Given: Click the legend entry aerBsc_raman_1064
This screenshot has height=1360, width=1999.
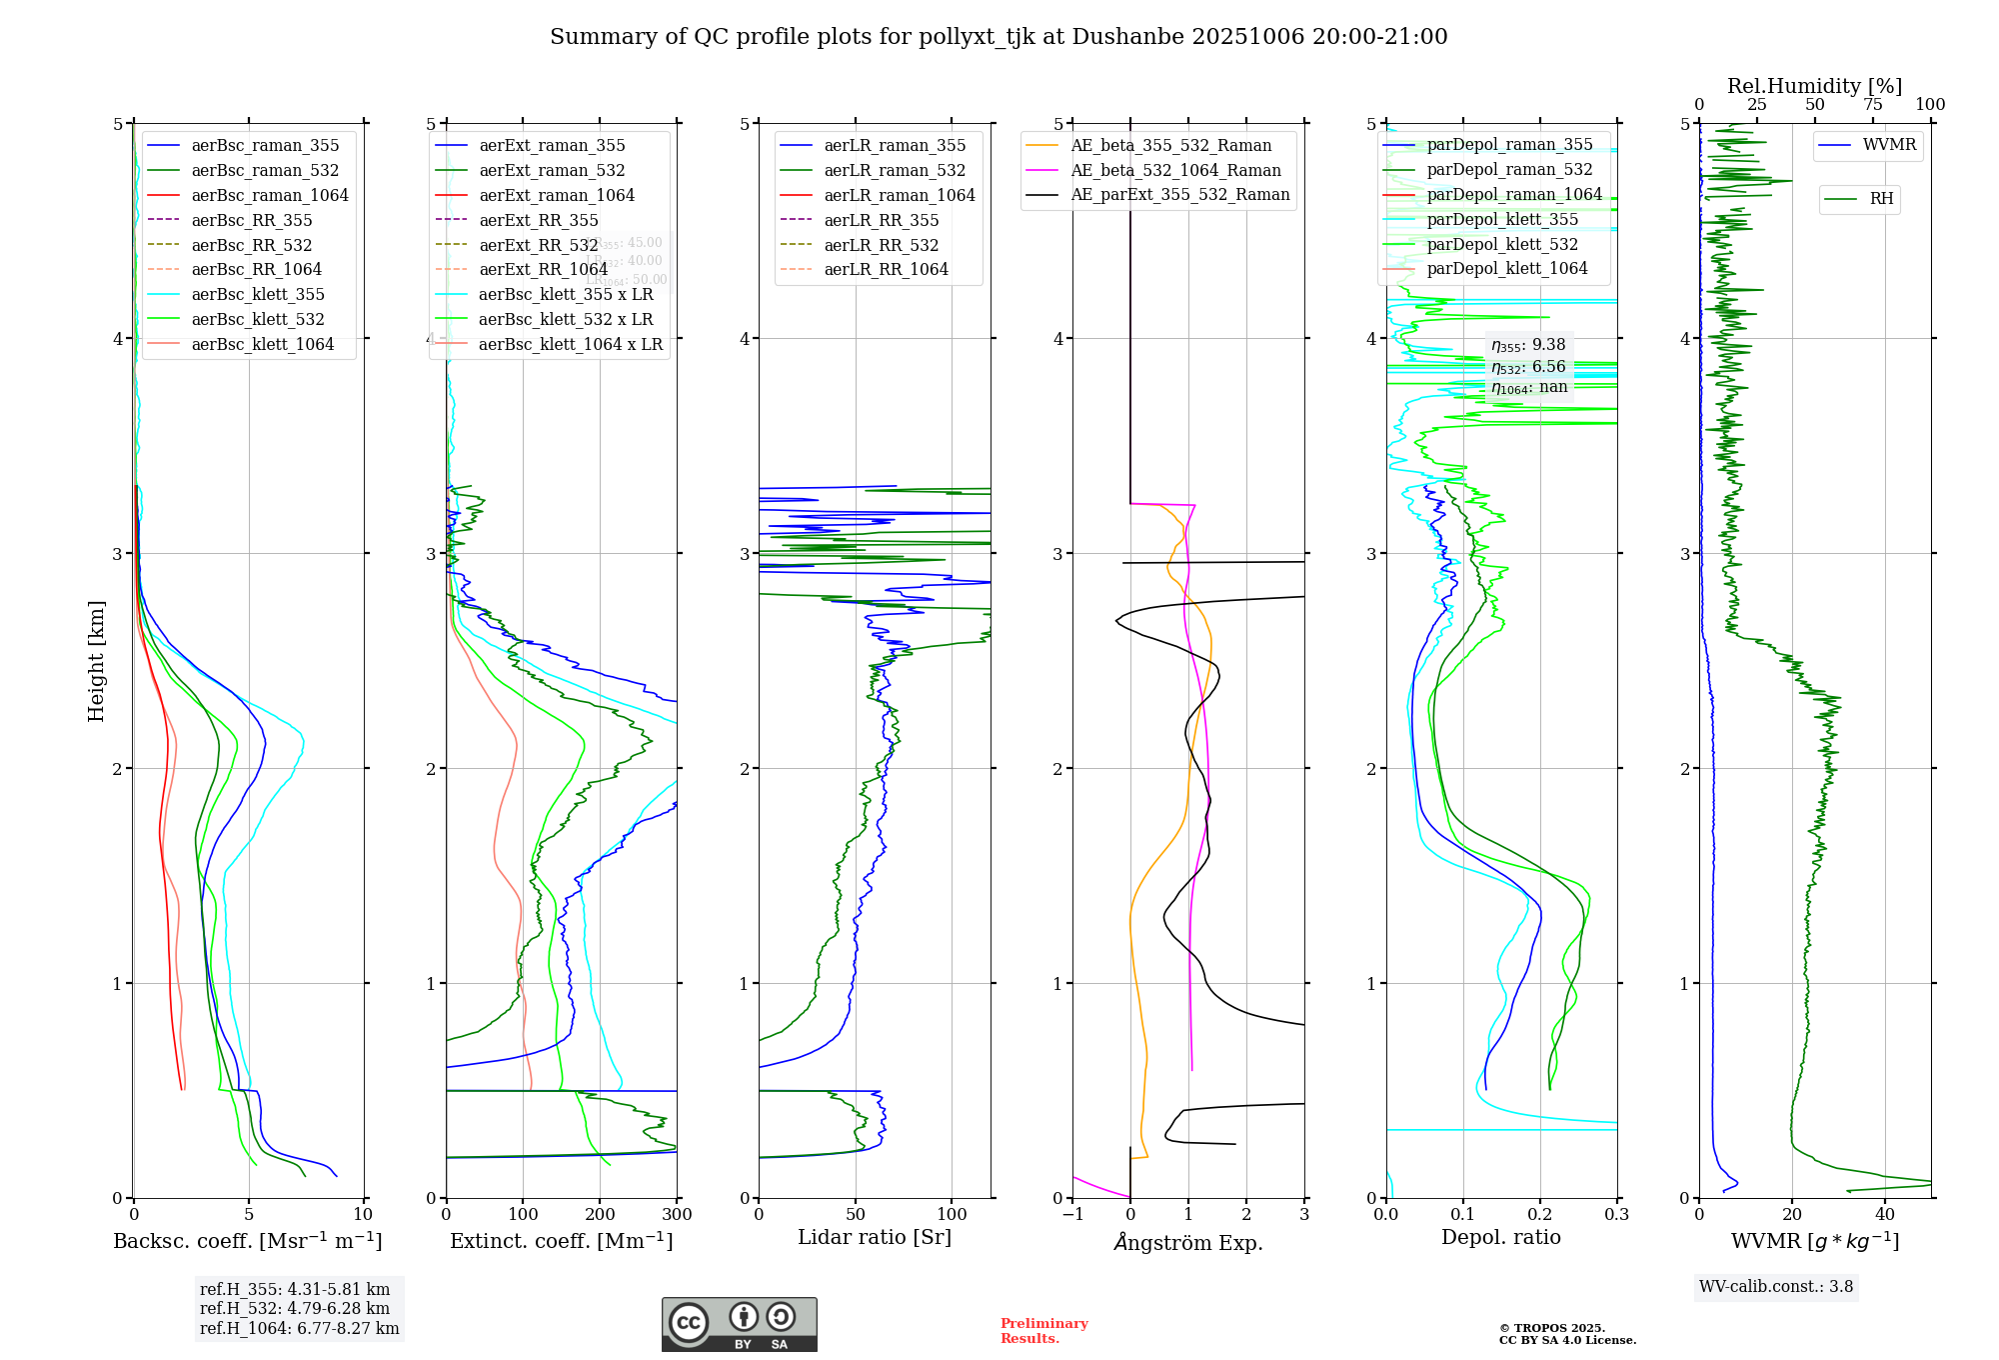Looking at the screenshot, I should (x=270, y=195).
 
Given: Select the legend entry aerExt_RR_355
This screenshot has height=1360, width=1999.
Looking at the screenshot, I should (x=538, y=220).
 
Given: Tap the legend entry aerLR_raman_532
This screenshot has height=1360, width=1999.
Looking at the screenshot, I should (x=895, y=170).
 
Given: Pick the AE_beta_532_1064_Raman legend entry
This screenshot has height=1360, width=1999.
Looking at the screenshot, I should (x=1175, y=170).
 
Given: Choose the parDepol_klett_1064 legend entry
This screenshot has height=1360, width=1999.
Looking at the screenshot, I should (x=1506, y=268).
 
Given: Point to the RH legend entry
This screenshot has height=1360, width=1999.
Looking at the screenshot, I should (x=1881, y=199).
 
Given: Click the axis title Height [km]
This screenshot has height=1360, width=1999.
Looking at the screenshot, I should (x=96, y=661).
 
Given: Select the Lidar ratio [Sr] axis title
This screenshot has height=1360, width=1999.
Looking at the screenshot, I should (x=875, y=1237).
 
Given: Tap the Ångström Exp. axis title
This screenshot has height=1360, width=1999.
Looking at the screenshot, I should (x=1188, y=1242).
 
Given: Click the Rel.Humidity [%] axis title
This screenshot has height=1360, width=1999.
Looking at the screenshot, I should (x=1814, y=86).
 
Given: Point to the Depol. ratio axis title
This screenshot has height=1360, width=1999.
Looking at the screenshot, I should (x=1500, y=1237).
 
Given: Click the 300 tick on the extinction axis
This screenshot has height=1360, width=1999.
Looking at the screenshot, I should (x=677, y=1215).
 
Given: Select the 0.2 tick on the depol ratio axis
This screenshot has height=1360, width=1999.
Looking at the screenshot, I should (x=1540, y=1215).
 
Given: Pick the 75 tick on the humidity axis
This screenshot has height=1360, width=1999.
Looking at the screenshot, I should (x=1872, y=105).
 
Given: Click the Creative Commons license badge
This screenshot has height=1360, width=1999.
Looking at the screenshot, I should (x=739, y=1324).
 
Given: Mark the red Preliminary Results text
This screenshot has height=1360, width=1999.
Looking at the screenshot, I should (x=1043, y=1331).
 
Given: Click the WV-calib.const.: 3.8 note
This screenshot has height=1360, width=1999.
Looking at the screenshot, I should (x=1776, y=1287).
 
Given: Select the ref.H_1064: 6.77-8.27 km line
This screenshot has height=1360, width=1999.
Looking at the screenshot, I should (x=299, y=1329).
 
